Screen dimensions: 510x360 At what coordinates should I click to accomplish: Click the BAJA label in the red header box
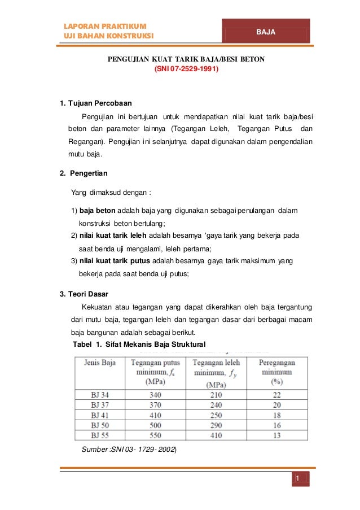(x=265, y=32)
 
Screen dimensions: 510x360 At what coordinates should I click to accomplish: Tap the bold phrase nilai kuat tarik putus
(x=113, y=260)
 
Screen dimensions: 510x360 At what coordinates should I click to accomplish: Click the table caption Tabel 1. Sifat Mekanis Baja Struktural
(x=140, y=344)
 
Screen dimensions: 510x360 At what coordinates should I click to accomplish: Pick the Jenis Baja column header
(x=100, y=363)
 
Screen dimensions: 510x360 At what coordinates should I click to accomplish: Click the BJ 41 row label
(x=100, y=415)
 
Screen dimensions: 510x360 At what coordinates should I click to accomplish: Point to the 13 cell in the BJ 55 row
(x=276, y=434)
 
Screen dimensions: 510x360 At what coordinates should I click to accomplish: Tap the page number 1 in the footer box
(x=295, y=479)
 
